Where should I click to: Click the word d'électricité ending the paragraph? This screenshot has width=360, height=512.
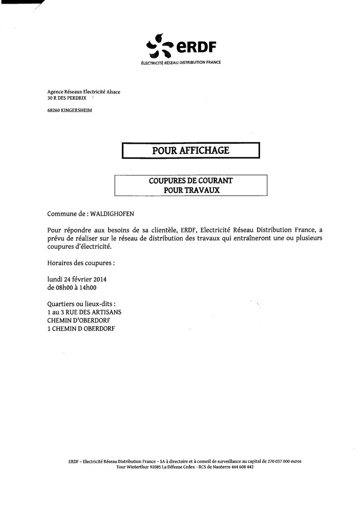point(92,246)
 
